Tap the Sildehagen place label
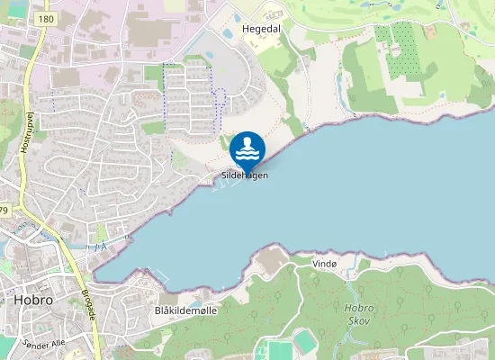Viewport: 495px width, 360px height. coord(245,175)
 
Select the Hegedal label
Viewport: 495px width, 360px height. coord(261,29)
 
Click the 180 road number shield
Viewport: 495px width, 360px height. coord(47,18)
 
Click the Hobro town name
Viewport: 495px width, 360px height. coord(32,299)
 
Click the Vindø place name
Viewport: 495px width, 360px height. coord(323,263)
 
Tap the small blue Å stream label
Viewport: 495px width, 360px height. coord(102,245)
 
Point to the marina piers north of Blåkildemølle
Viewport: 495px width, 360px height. coord(158,272)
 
